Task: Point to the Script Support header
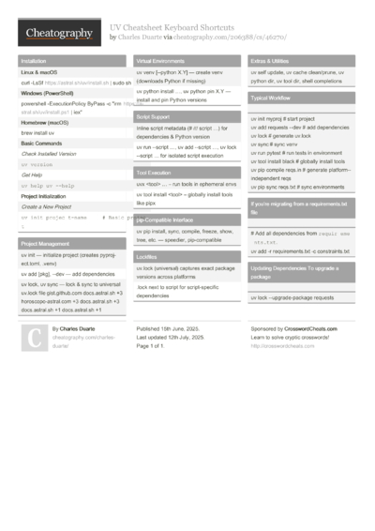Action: pyautogui.click(x=155, y=116)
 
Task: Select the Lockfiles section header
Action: pyautogui.click(x=147, y=256)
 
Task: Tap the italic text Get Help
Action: pyautogui.click(x=33, y=174)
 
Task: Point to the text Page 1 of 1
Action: pyautogui.click(x=157, y=347)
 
